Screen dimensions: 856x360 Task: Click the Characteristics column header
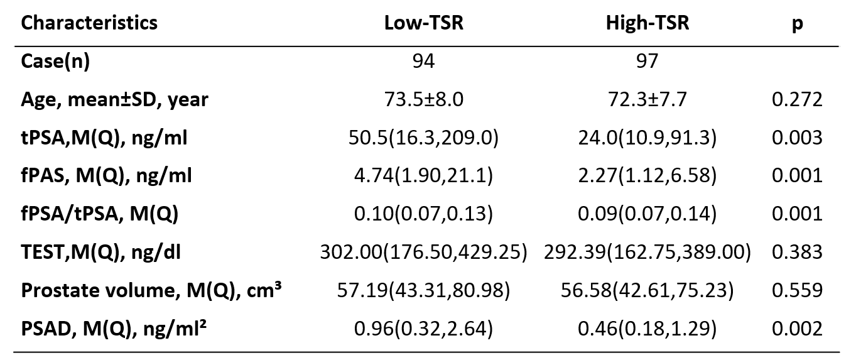pos(89,23)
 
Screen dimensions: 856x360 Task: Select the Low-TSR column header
pos(423,23)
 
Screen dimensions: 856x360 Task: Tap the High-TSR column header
pos(647,23)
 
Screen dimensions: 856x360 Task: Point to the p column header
pos(797,25)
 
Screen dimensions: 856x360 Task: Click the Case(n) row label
pos(55,61)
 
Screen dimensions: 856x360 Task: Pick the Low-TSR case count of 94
pos(423,61)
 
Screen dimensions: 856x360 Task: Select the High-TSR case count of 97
pos(647,61)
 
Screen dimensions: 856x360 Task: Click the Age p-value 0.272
pos(797,99)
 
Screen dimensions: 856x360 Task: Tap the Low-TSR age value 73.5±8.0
pos(423,99)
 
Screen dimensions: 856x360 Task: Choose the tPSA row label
pos(104,138)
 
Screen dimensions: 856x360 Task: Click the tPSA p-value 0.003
pos(797,138)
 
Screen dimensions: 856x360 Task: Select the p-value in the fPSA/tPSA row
pos(797,213)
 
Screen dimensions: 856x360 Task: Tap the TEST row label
pos(101,252)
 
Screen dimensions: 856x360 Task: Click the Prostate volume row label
pos(151,290)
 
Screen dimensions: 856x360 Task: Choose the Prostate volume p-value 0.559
pos(797,290)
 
